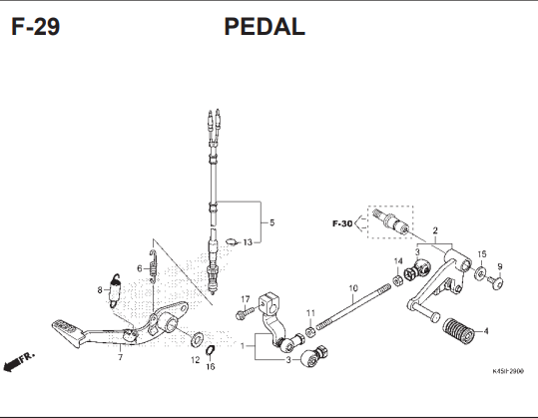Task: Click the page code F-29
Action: [36, 26]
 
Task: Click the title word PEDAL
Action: [265, 26]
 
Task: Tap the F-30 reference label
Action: [342, 223]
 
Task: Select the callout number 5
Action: [271, 222]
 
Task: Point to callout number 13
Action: [248, 242]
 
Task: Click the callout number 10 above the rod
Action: [353, 288]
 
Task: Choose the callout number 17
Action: [245, 299]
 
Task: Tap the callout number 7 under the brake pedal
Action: [120, 357]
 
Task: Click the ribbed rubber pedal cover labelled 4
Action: [458, 331]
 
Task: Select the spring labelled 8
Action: [115, 290]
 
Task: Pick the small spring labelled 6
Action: [153, 266]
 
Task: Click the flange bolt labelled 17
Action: [246, 312]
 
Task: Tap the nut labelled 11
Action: [310, 332]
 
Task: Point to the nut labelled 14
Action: [397, 281]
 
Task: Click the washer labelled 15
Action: [480, 273]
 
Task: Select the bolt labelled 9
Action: [496, 283]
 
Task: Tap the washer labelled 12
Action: [197, 338]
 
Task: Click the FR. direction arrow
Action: [19, 361]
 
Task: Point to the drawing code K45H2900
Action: [508, 371]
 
